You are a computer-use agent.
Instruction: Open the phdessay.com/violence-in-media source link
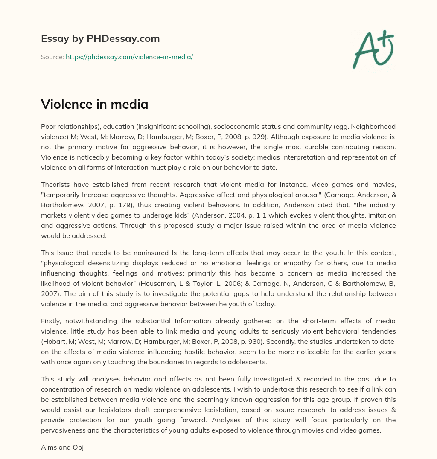click(129, 57)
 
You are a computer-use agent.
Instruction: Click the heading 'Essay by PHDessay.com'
click(100, 39)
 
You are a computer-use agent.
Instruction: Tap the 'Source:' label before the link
click(52, 57)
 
